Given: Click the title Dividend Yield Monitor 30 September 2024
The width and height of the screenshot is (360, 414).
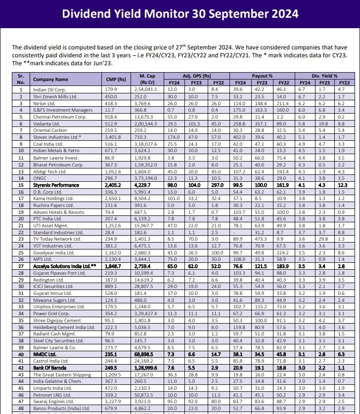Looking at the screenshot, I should click(x=180, y=13).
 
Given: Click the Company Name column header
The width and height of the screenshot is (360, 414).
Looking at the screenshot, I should click(x=50, y=79).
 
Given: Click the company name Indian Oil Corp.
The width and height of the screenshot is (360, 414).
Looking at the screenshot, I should click(x=49, y=89).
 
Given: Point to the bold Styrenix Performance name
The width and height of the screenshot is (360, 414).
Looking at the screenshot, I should click(x=55, y=184).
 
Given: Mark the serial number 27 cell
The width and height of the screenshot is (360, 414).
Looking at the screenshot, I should click(x=21, y=266).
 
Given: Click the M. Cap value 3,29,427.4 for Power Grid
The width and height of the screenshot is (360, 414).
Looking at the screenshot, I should click(x=146, y=313).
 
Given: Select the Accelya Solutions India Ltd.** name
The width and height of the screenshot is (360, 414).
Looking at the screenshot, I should click(x=61, y=266).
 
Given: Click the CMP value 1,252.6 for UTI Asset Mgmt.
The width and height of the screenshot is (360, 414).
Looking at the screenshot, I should click(x=114, y=211).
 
